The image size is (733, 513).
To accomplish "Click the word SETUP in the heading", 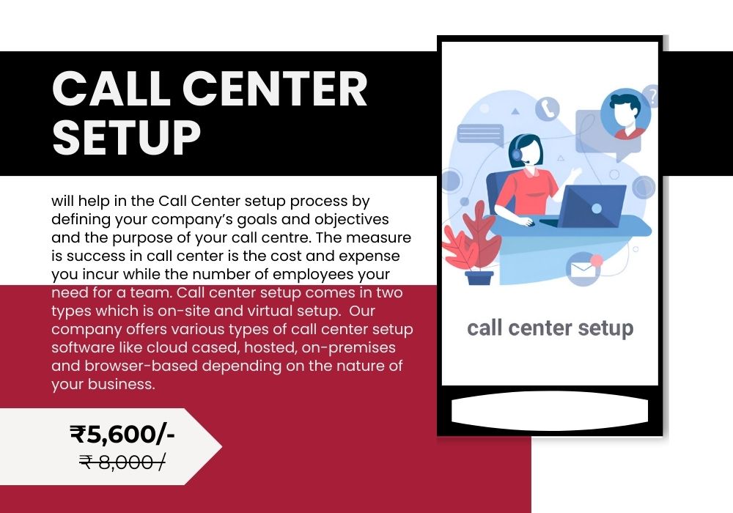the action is [127, 137].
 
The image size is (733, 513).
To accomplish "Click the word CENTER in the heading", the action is [275, 89].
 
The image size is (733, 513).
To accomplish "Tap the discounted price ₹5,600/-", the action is [122, 434].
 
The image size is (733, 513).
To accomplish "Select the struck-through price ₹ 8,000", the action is [122, 462].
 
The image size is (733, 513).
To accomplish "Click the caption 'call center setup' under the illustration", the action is [550, 328].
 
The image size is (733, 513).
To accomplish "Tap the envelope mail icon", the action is [583, 270].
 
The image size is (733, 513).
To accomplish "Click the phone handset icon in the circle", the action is [548, 109].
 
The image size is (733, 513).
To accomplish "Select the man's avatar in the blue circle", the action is [625, 115].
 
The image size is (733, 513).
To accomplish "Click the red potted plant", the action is [472, 243].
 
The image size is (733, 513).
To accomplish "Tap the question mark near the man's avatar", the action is [651, 96].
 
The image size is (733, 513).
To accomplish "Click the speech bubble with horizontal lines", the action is [481, 135].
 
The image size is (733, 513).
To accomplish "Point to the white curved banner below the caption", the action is [550, 411].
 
